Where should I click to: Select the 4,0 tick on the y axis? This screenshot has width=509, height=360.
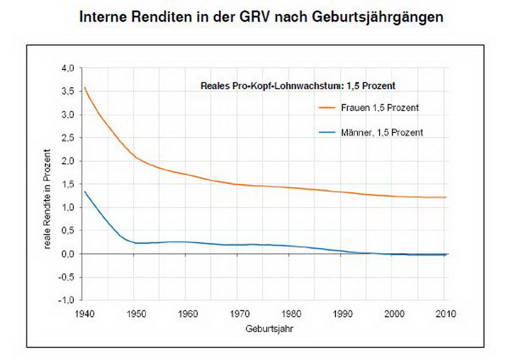tap(68, 68)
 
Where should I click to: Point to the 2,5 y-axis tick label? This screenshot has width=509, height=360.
tap(68, 138)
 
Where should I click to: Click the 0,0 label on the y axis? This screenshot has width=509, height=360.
tap(68, 254)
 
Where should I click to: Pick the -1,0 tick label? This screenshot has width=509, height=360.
tap(66, 300)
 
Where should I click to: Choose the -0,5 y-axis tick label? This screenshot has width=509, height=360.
tap(66, 277)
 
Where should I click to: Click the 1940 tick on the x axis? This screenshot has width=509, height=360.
tap(83, 314)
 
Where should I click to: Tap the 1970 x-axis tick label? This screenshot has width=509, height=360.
tap(240, 314)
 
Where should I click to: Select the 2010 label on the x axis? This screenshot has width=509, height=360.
tap(446, 314)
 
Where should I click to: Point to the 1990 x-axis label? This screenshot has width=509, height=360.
tap(343, 314)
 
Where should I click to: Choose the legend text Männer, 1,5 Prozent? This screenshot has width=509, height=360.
tap(381, 131)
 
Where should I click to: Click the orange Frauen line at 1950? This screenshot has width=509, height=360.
tap(136, 157)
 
